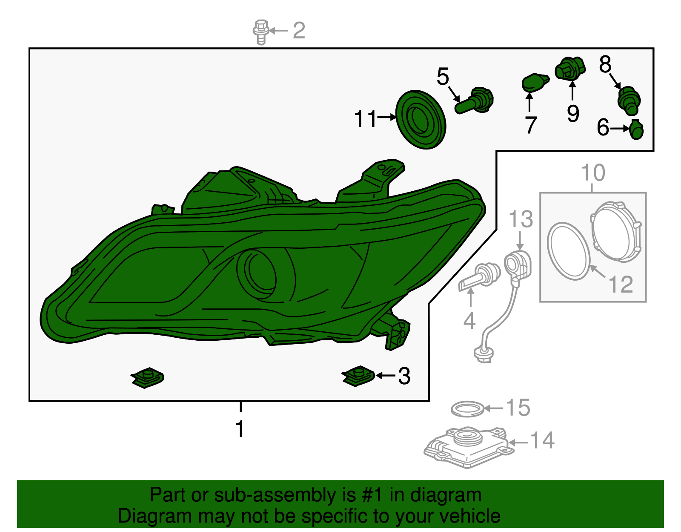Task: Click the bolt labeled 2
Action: click(x=261, y=32)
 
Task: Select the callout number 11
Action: click(x=365, y=119)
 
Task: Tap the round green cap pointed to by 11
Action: click(x=421, y=120)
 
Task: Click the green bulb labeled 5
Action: click(x=474, y=101)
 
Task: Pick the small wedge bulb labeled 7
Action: click(x=535, y=83)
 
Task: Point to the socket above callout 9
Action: click(x=570, y=69)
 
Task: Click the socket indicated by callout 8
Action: click(x=629, y=100)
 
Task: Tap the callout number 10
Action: click(x=593, y=173)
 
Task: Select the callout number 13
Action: click(x=521, y=219)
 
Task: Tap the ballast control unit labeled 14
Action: click(x=469, y=447)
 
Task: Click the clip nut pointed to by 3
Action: click(x=358, y=376)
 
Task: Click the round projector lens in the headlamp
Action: click(x=257, y=274)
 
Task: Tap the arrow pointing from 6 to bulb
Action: click(x=620, y=129)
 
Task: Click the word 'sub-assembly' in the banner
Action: click(x=285, y=495)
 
